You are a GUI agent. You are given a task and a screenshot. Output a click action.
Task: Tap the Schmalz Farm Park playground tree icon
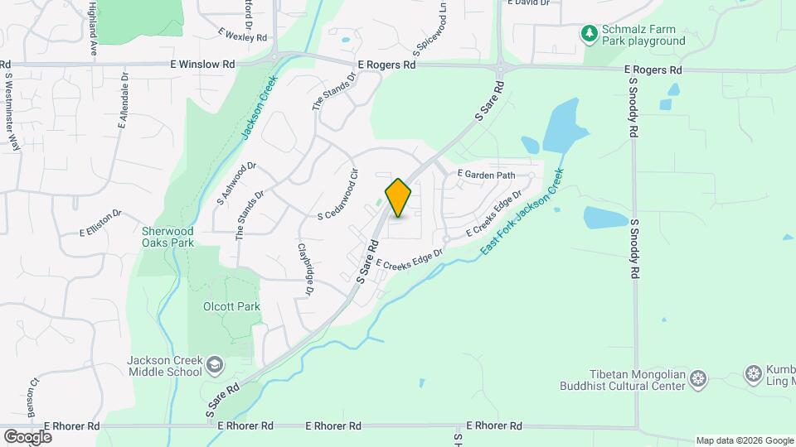pos(590,34)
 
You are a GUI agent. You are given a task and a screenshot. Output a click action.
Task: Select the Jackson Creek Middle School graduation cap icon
pos(215,365)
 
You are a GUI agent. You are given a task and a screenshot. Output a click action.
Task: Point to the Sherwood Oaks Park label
pos(167,237)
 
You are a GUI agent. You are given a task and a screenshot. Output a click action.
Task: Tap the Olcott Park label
pos(232,306)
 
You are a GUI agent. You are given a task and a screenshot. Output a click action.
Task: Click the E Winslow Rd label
pos(204,64)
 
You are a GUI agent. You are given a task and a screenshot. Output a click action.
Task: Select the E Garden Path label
pos(487,175)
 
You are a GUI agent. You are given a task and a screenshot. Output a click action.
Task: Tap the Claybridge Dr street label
pos(304,269)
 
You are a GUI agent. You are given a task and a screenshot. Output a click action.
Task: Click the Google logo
pos(27,436)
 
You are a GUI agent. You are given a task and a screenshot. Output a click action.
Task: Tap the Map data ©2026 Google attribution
pos(744,440)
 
